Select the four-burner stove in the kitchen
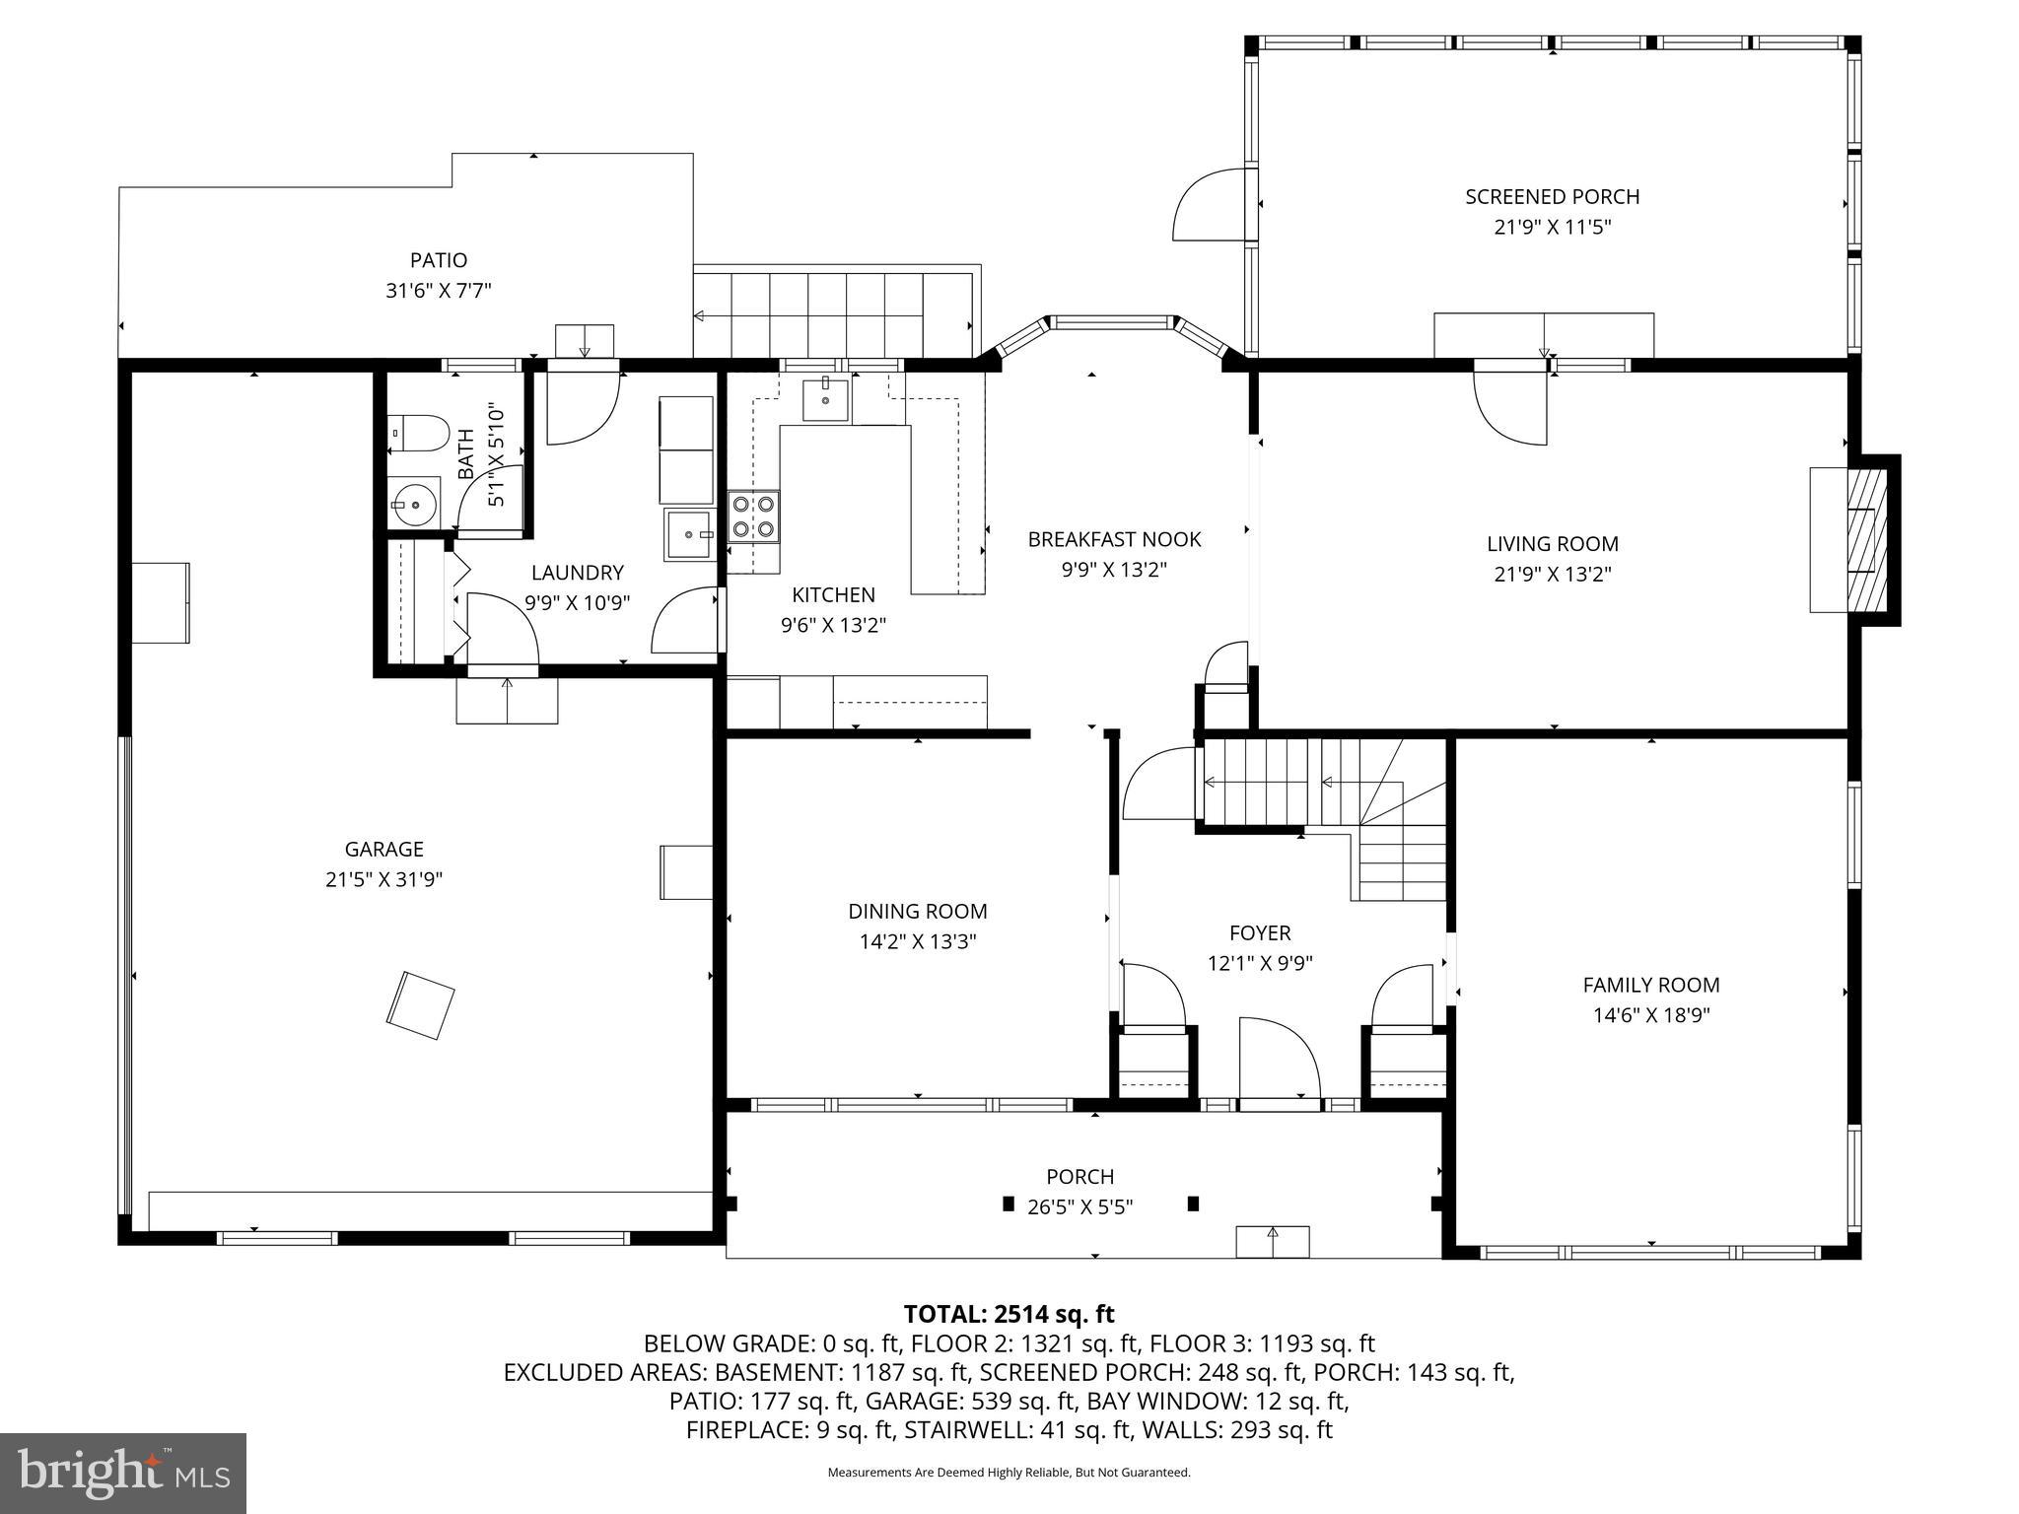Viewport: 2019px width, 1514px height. point(754,516)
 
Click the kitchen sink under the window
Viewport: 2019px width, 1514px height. point(825,399)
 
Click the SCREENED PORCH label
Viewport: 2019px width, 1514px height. point(1552,197)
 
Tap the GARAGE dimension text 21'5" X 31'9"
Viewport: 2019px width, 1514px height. point(383,879)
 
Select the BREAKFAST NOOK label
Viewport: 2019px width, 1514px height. point(1114,539)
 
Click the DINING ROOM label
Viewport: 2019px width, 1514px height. point(917,912)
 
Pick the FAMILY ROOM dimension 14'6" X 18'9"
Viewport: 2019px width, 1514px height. point(1650,1015)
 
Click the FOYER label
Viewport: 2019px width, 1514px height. point(1259,932)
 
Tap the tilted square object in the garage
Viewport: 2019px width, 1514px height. point(422,1004)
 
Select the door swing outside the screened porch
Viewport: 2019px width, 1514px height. point(1210,207)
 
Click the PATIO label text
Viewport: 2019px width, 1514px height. point(439,260)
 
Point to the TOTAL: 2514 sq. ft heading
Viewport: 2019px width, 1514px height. point(1008,1314)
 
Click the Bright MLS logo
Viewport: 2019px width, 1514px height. point(122,1473)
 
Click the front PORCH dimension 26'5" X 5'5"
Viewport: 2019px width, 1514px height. point(1079,1206)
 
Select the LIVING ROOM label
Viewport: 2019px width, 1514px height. point(1552,544)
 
